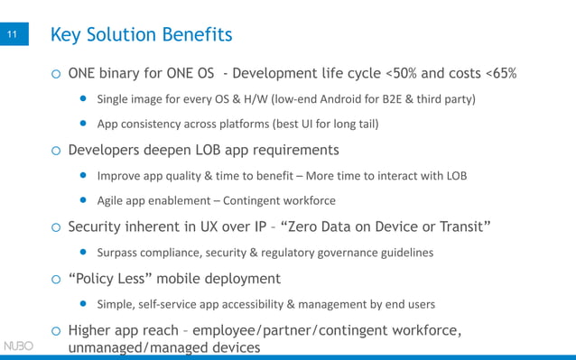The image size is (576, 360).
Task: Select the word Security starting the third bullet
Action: [99, 226]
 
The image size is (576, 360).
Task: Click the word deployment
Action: [237, 279]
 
